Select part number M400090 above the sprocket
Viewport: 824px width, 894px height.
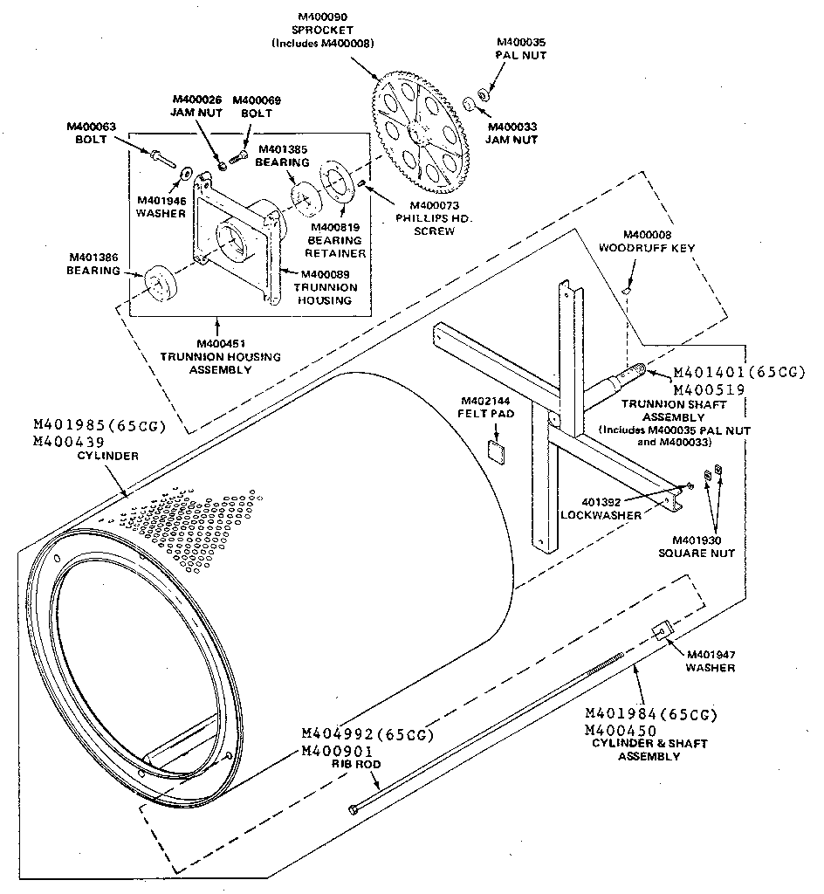322,16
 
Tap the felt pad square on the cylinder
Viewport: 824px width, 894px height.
497,450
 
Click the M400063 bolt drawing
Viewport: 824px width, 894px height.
161,159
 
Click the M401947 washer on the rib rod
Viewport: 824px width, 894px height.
661,631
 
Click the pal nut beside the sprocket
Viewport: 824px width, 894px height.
483,91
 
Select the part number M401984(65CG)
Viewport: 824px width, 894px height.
650,714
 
